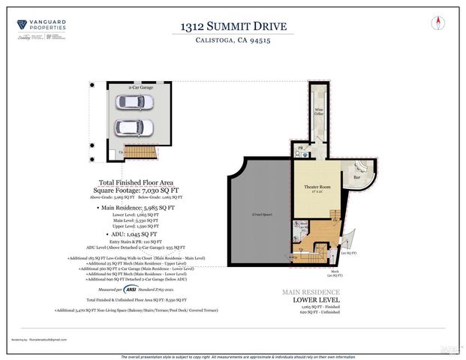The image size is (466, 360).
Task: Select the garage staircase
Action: pos(139,151)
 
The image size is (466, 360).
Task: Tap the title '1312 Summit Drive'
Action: pos(233,27)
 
